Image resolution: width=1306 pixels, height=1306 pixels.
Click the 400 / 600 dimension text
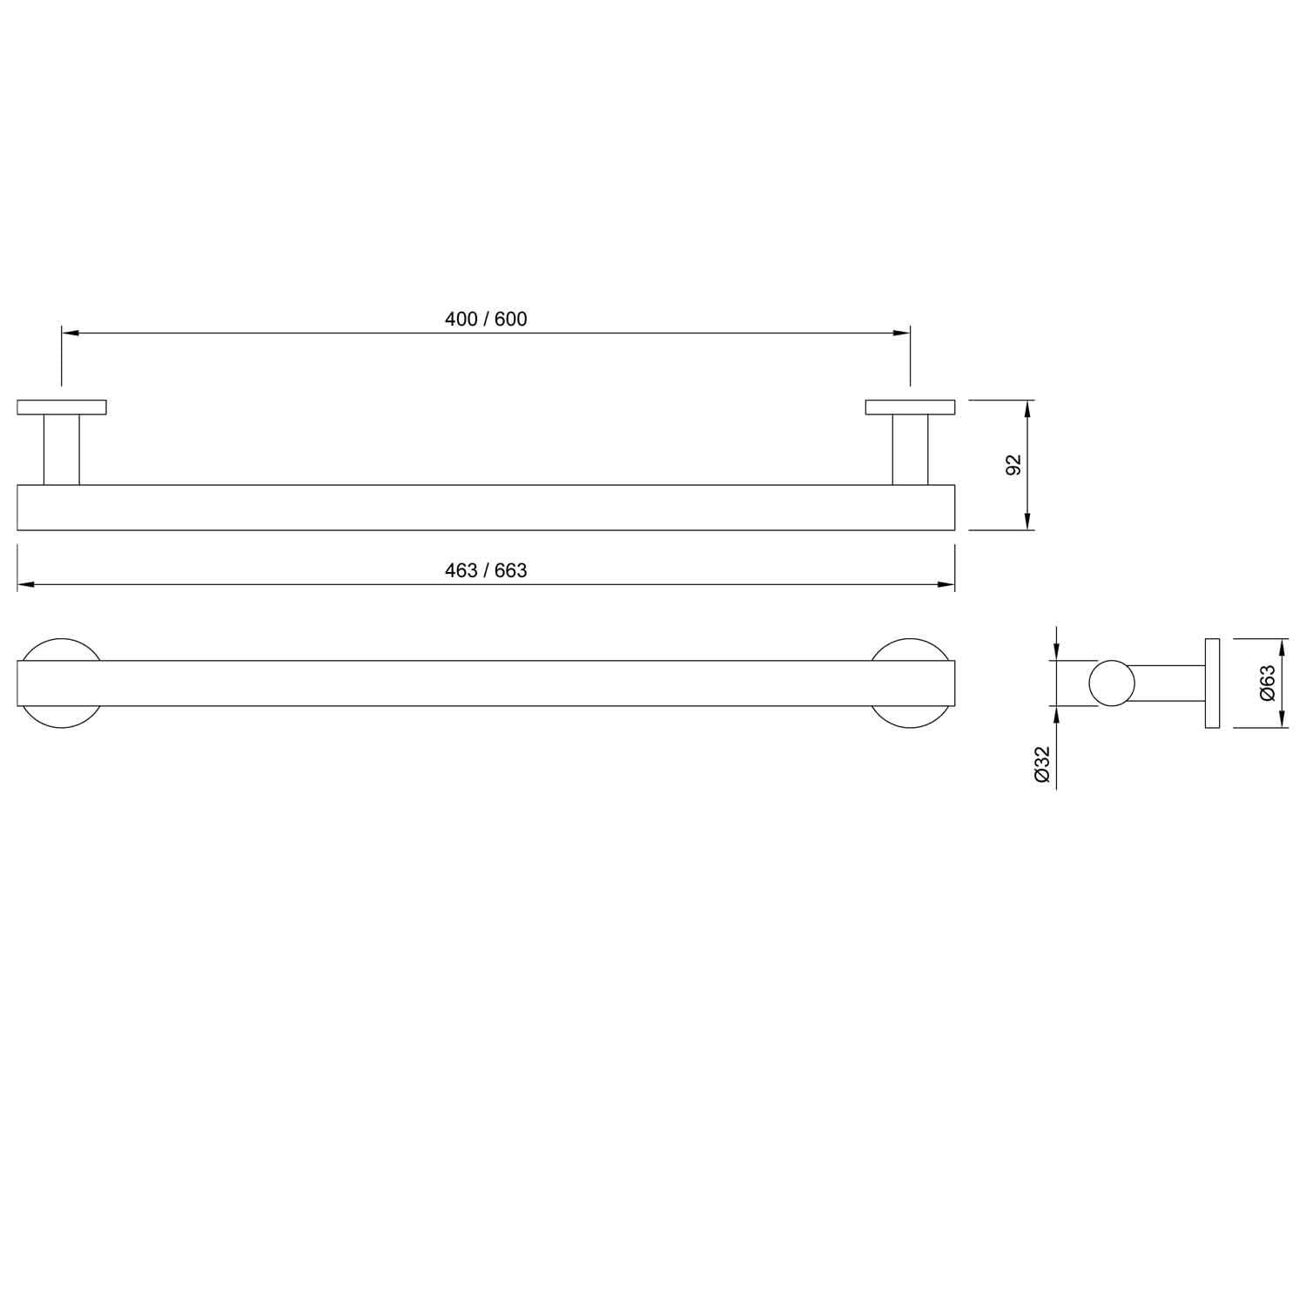[486, 320]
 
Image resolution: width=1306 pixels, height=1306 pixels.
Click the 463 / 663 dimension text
[486, 570]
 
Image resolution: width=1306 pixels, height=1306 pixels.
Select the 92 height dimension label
[1013, 465]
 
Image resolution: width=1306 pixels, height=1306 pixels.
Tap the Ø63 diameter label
[1268, 683]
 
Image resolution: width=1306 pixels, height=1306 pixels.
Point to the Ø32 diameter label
[1042, 765]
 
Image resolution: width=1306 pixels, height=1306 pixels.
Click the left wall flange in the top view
[62, 407]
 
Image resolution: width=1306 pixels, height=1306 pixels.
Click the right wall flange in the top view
[910, 407]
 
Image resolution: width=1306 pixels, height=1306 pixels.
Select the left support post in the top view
[62, 449]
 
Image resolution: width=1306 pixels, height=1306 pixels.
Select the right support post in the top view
[910, 449]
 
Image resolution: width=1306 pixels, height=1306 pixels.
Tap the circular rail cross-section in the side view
[1111, 683]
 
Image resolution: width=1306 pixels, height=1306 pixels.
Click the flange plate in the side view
[1212, 683]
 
